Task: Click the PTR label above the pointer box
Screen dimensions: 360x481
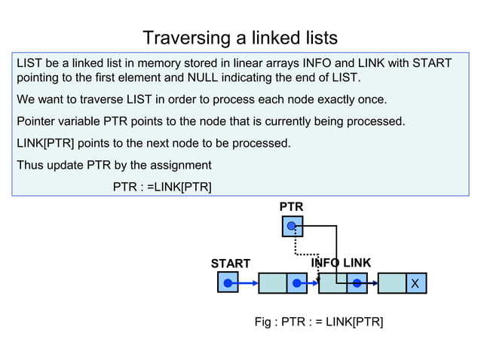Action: pyautogui.click(x=291, y=206)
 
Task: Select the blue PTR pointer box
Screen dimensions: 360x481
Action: pyautogui.click(x=292, y=226)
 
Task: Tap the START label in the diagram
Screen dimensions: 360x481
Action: pyautogui.click(x=230, y=264)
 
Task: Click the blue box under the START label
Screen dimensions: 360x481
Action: pyautogui.click(x=227, y=283)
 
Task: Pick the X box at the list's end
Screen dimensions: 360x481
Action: pyautogui.click(x=413, y=283)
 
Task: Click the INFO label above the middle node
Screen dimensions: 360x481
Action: pyautogui.click(x=326, y=263)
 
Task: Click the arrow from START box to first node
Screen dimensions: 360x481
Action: pyautogui.click(x=247, y=283)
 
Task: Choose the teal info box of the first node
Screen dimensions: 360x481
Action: pyautogui.click(x=272, y=283)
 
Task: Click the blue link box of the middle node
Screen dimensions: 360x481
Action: pyautogui.click(x=357, y=283)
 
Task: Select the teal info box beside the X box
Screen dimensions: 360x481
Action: pyautogui.click(x=391, y=283)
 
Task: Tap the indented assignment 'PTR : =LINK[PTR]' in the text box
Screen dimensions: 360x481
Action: pyautogui.click(x=162, y=186)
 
